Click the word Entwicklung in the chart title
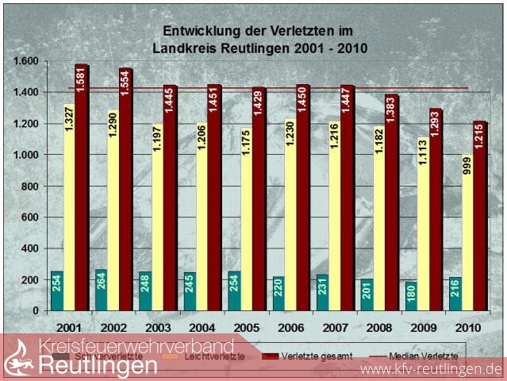coord(198,31)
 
